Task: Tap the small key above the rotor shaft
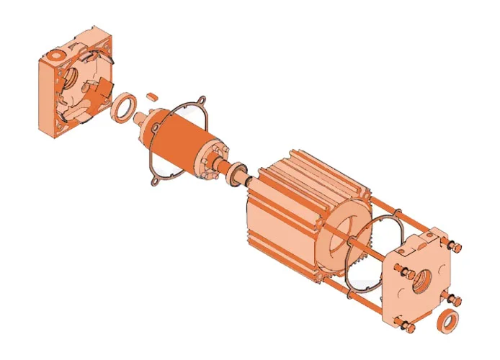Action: pos(152,94)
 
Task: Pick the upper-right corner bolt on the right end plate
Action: pos(455,247)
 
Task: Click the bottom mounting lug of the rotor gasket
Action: pos(154,181)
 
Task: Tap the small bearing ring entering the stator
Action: pos(237,177)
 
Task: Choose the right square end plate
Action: pos(421,277)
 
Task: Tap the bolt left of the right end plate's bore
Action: pos(403,272)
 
